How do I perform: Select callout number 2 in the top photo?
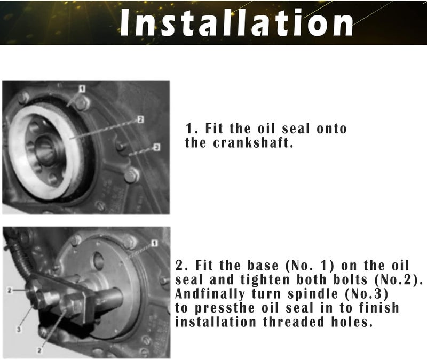140,119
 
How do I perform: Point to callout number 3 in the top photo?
156,146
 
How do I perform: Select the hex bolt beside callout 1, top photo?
82,103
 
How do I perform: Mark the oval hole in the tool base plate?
98,261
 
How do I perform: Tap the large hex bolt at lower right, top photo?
131,174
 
